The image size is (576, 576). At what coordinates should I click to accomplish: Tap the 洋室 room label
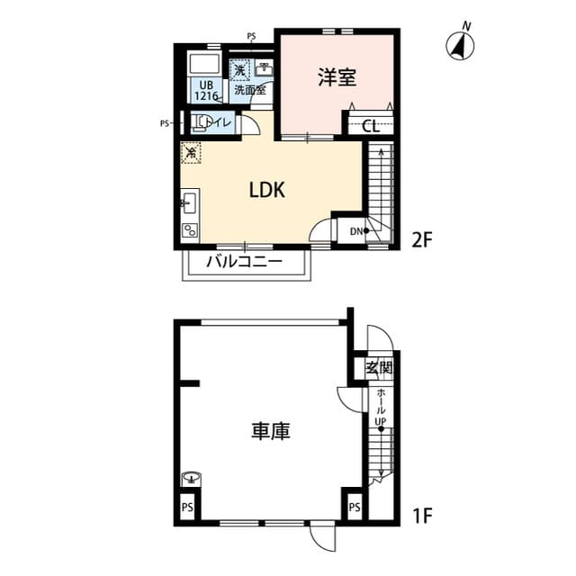(x=337, y=77)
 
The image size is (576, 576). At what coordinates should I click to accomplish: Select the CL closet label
(x=370, y=126)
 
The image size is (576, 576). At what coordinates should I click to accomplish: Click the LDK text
(x=267, y=190)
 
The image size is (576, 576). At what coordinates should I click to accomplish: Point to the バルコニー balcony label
(x=244, y=262)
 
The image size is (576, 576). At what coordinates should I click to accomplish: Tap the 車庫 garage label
(x=270, y=431)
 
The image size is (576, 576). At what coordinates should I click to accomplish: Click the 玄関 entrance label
(x=379, y=367)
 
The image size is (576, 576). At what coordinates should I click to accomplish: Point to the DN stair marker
(x=357, y=230)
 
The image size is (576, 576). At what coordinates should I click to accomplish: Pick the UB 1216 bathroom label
(x=207, y=90)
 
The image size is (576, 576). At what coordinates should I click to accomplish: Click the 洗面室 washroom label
(x=249, y=90)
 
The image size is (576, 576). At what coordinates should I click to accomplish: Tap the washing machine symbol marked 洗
(x=239, y=69)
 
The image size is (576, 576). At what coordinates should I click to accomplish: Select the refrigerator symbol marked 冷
(x=191, y=152)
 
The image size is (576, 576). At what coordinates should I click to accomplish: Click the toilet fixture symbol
(x=199, y=123)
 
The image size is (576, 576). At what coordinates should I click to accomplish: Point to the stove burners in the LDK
(x=190, y=229)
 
